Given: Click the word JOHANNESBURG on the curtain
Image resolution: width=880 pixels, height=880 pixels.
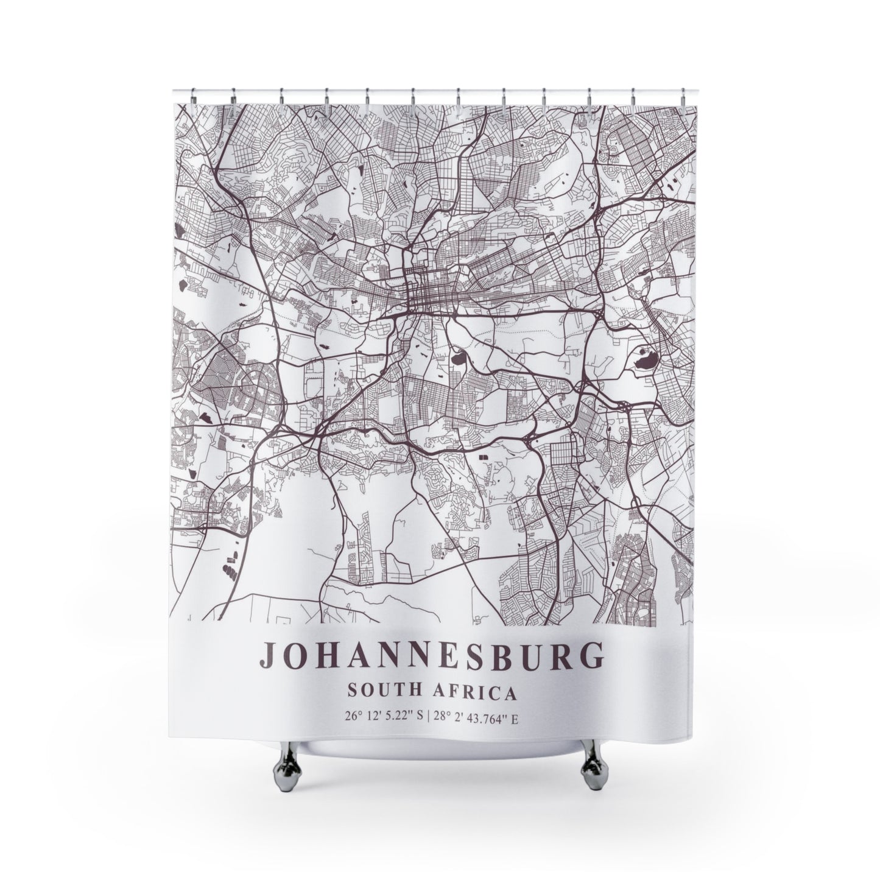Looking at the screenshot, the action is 432,655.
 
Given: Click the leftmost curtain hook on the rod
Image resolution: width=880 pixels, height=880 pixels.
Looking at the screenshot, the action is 192,96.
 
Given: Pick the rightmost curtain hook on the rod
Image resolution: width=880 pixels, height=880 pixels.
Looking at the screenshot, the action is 683,96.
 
